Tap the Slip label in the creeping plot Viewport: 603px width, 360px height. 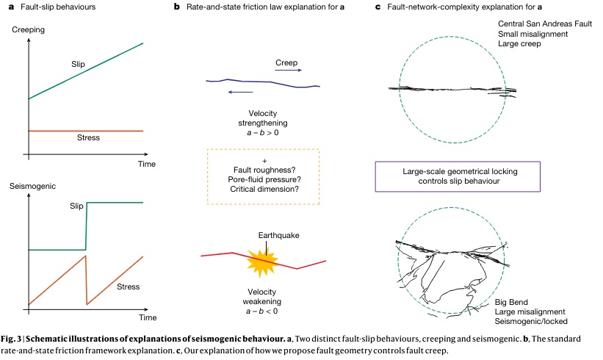(x=77, y=65)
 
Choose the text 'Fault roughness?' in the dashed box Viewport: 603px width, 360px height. (x=264, y=170)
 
